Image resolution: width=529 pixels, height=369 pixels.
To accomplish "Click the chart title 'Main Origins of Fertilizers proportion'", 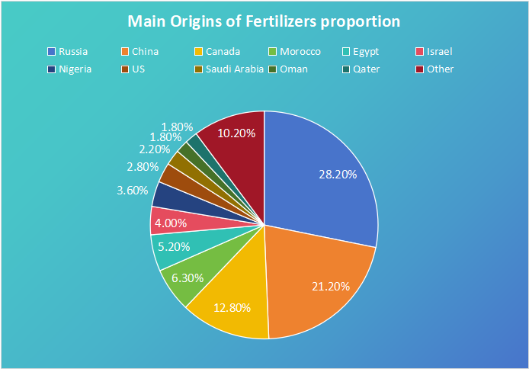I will (x=264, y=21).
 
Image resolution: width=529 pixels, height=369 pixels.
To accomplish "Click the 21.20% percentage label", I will (x=331, y=287).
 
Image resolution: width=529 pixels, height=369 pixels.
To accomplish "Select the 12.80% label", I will (x=231, y=307).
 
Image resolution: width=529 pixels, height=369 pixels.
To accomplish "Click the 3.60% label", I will (x=132, y=191).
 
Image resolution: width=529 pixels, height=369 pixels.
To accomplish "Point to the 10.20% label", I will (x=236, y=133).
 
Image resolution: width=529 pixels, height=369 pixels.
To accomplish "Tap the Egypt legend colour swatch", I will (x=347, y=52).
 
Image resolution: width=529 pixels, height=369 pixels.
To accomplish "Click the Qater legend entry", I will (x=372, y=69).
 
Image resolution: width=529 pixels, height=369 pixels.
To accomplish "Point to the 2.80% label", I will (x=143, y=166).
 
